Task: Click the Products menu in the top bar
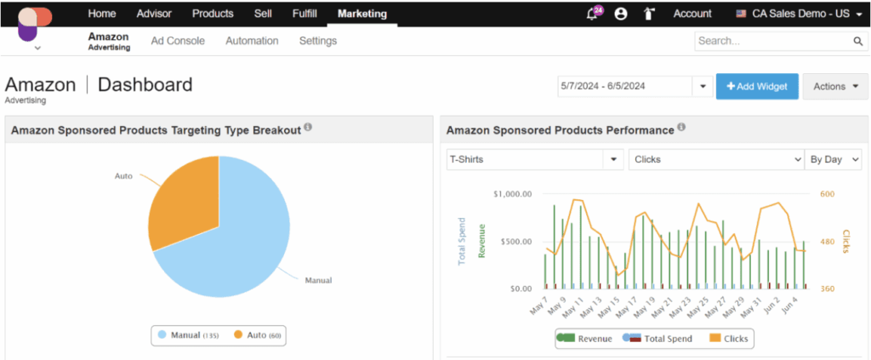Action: (x=213, y=14)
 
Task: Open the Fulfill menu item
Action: (x=305, y=14)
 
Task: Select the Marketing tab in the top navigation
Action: (x=361, y=14)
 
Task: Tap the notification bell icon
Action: (x=592, y=14)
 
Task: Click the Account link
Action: (x=692, y=14)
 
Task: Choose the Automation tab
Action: (x=252, y=41)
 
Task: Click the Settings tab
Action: (x=318, y=41)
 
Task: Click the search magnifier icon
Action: (x=858, y=41)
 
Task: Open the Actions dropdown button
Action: (x=835, y=86)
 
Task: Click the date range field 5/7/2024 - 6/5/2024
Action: (x=625, y=86)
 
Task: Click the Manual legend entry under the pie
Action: (x=187, y=336)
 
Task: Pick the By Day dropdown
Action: (x=833, y=159)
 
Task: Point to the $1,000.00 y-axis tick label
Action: (x=512, y=194)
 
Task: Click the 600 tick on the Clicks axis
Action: (x=827, y=194)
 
